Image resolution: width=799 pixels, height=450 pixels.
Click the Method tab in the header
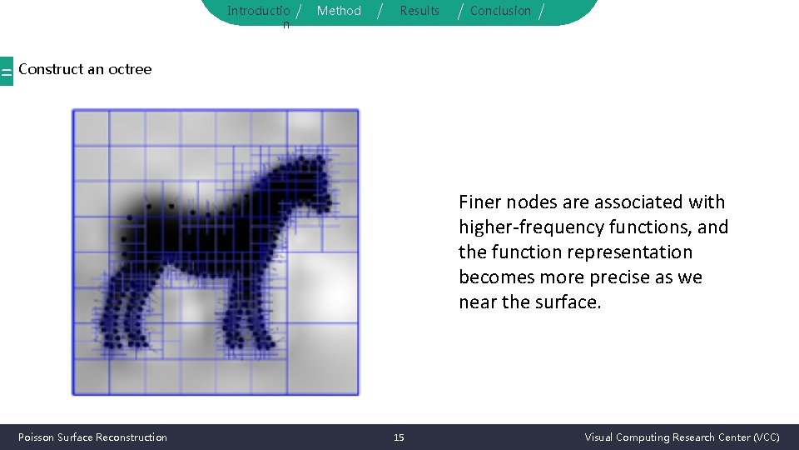pos(339,11)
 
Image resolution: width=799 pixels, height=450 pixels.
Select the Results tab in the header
pos(419,11)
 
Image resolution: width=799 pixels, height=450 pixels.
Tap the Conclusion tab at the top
pos(500,11)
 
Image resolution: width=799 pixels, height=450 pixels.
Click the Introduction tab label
pos(259,12)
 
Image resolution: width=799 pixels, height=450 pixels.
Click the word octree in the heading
pos(130,69)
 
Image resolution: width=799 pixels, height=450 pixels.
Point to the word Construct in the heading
pos(50,69)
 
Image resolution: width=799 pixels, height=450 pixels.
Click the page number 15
pos(399,437)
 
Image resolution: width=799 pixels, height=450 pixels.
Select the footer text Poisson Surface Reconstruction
pos(92,437)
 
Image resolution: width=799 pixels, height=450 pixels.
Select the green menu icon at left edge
pos(6,72)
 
